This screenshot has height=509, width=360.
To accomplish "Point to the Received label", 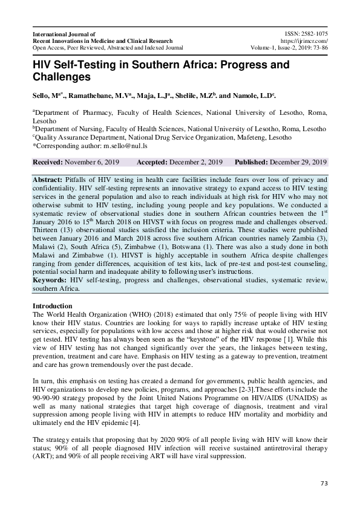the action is (50, 162).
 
